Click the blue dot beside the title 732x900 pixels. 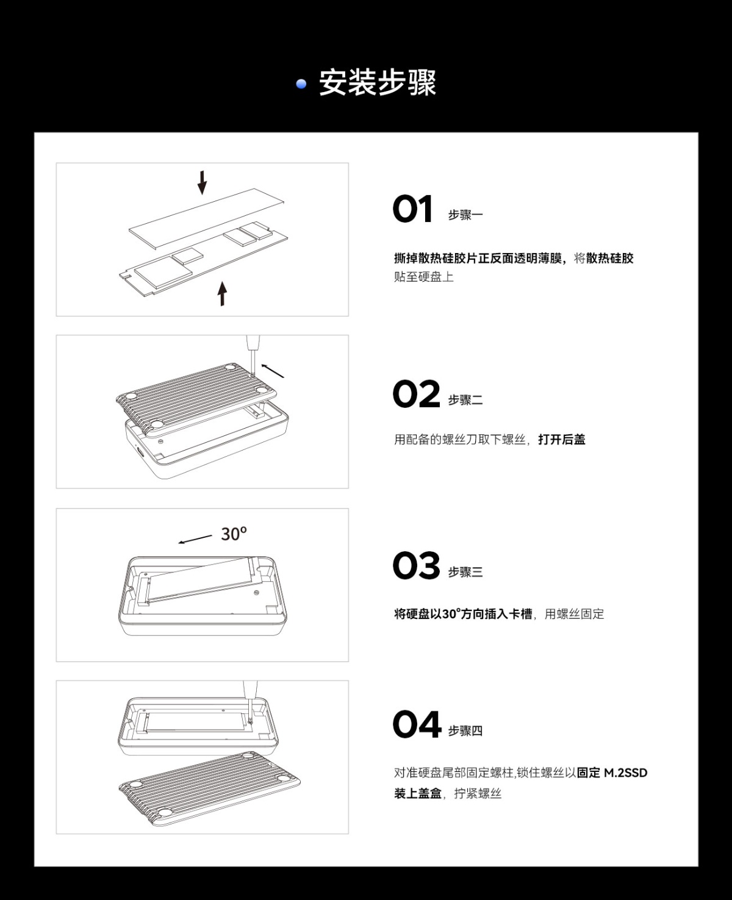pyautogui.click(x=301, y=84)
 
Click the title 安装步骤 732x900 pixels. pyautogui.click(x=377, y=82)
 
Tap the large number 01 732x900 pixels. pyautogui.click(x=412, y=209)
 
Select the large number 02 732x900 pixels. pyautogui.click(x=416, y=394)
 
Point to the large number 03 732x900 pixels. pyautogui.click(x=416, y=565)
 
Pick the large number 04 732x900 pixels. pyautogui.click(x=417, y=724)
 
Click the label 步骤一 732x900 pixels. pyautogui.click(x=465, y=215)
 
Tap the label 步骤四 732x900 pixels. pyautogui.click(x=465, y=730)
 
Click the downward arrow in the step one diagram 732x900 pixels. pyautogui.click(x=203, y=182)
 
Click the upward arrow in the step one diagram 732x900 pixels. pyautogui.click(x=222, y=293)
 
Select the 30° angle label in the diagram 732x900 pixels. pyautogui.click(x=234, y=534)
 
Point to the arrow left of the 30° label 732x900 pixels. pyautogui.click(x=195, y=539)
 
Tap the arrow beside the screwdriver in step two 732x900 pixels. pyautogui.click(x=273, y=370)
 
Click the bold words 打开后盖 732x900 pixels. pyautogui.click(x=562, y=440)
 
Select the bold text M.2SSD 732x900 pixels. pyautogui.click(x=625, y=773)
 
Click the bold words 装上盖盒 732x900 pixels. pyautogui.click(x=418, y=793)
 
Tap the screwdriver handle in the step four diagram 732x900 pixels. pyautogui.click(x=250, y=688)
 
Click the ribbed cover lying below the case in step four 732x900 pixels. pyautogui.click(x=210, y=789)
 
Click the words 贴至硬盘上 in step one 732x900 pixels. pyautogui.click(x=423, y=277)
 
